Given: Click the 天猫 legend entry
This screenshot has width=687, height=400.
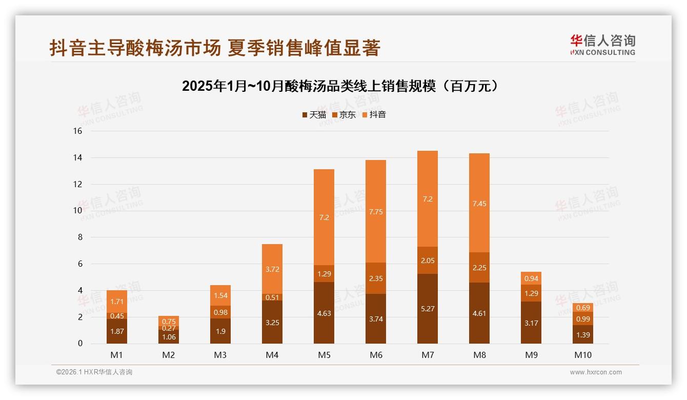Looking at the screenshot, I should point(314,115).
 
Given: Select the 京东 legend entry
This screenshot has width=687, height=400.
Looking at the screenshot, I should point(344,115).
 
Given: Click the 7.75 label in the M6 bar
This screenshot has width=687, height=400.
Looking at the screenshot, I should point(376,211).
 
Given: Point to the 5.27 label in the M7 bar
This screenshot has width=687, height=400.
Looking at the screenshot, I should point(428,309).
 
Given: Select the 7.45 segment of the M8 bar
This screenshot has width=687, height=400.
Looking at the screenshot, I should point(479,204).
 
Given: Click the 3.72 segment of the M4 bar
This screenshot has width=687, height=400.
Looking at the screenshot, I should point(272,269).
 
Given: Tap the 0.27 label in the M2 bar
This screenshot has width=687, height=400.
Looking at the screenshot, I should point(169,328).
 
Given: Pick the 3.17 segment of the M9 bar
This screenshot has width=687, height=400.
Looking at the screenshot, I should point(531,323).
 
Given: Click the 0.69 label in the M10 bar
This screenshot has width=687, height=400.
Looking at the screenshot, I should point(583,308).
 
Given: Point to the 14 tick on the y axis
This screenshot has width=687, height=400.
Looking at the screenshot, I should point(77,157).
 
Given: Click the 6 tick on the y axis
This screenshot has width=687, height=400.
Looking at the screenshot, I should point(79,264).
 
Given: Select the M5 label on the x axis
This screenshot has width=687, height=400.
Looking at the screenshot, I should point(324,355).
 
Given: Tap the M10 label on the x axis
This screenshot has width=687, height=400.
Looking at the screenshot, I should point(583,355).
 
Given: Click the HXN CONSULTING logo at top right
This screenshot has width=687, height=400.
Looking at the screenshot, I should point(602,45).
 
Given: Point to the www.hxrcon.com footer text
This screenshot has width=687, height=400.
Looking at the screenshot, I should point(596,372).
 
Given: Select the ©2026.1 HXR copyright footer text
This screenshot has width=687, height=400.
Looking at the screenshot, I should point(94,372).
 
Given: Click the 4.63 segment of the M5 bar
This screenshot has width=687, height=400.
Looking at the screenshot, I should point(324,313).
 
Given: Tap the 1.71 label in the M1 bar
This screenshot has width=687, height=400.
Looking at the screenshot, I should point(117,302).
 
